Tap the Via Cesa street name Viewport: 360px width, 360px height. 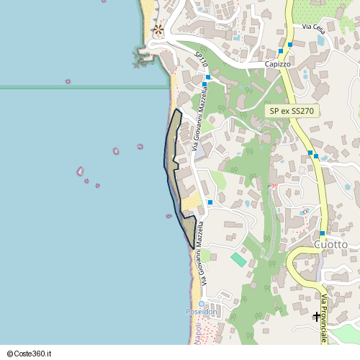tap(314, 28)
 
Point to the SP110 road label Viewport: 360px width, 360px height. tap(202, 58)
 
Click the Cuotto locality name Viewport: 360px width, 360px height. tap(331, 245)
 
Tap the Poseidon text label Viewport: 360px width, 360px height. tap(202, 312)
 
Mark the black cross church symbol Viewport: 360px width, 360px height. tap(317, 316)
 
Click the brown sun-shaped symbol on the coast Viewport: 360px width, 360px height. tap(158, 30)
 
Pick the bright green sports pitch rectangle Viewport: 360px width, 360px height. tap(238, 259)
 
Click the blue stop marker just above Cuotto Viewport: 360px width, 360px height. tap(323, 233)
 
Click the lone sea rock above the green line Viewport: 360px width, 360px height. tap(68, 81)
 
